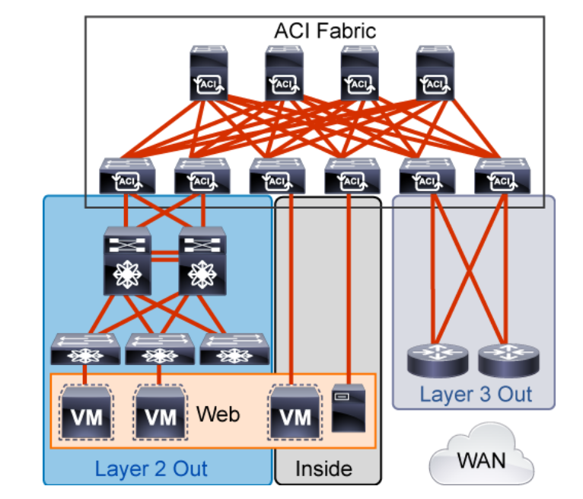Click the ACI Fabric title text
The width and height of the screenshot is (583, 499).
pyautogui.click(x=325, y=31)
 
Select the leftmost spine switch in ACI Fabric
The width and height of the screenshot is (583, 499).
pyautogui.click(x=209, y=73)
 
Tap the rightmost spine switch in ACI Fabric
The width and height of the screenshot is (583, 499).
pyautogui.click(x=435, y=73)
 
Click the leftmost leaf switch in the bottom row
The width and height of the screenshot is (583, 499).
pyautogui.click(x=127, y=176)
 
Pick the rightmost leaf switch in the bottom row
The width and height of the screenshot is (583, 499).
pyautogui.click(x=502, y=176)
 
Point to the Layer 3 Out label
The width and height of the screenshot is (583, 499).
pyautogui.click(x=476, y=395)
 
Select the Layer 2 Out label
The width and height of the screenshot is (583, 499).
pyautogui.click(x=151, y=468)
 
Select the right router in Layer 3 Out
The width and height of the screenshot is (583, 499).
pyautogui.click(x=505, y=360)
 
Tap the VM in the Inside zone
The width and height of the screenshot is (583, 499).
pyautogui.click(x=294, y=412)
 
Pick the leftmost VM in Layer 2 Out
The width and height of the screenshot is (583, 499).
pyautogui.click(x=84, y=412)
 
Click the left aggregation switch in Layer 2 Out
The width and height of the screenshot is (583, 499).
pyautogui.click(x=128, y=261)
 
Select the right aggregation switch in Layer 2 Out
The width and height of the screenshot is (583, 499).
pyautogui.click(x=202, y=261)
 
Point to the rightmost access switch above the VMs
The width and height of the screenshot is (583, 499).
pyautogui.click(x=234, y=349)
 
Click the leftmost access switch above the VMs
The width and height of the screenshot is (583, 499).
pyautogui.click(x=84, y=349)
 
